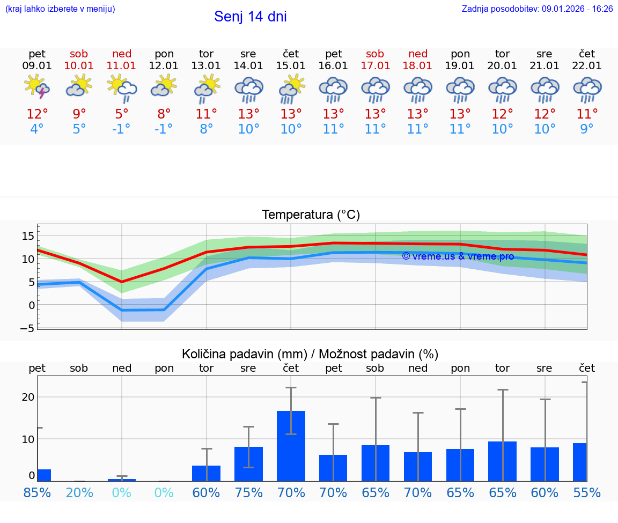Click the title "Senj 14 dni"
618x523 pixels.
250,17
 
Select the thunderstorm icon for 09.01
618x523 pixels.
36,87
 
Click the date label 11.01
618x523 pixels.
121,66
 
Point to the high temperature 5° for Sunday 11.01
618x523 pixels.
122,114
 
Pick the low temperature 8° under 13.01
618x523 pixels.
206,129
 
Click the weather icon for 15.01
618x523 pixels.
291,89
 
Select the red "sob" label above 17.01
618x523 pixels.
375,54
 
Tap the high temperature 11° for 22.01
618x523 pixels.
587,114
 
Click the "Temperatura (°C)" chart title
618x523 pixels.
311,215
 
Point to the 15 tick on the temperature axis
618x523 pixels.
28,236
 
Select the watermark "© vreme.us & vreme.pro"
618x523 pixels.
458,256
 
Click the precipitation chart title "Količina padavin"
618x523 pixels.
310,354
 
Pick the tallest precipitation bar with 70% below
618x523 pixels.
291,446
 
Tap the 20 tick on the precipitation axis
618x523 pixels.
28,397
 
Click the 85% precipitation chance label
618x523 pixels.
37,493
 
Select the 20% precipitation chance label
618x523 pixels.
79,493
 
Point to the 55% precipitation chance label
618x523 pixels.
587,493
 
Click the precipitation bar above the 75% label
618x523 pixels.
248,463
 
